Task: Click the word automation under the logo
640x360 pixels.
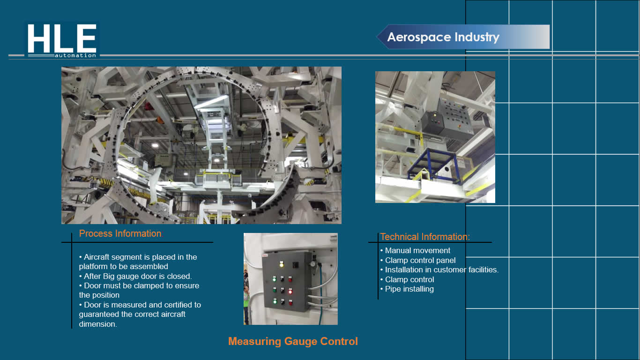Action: point(75,55)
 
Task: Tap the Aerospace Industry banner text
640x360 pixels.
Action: point(443,37)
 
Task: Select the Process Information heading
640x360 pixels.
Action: point(120,233)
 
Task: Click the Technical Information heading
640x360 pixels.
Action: point(425,237)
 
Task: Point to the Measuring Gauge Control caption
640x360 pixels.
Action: point(293,341)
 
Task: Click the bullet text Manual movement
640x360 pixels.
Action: point(417,250)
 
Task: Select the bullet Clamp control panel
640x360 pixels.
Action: point(420,261)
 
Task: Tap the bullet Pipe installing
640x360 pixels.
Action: point(409,289)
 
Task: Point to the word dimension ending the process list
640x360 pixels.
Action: point(98,324)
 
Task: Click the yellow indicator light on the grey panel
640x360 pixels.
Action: point(282,264)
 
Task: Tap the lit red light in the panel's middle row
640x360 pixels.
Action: point(290,292)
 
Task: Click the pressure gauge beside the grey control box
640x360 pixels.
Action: point(313,264)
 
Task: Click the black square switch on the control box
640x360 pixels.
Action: point(296,265)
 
